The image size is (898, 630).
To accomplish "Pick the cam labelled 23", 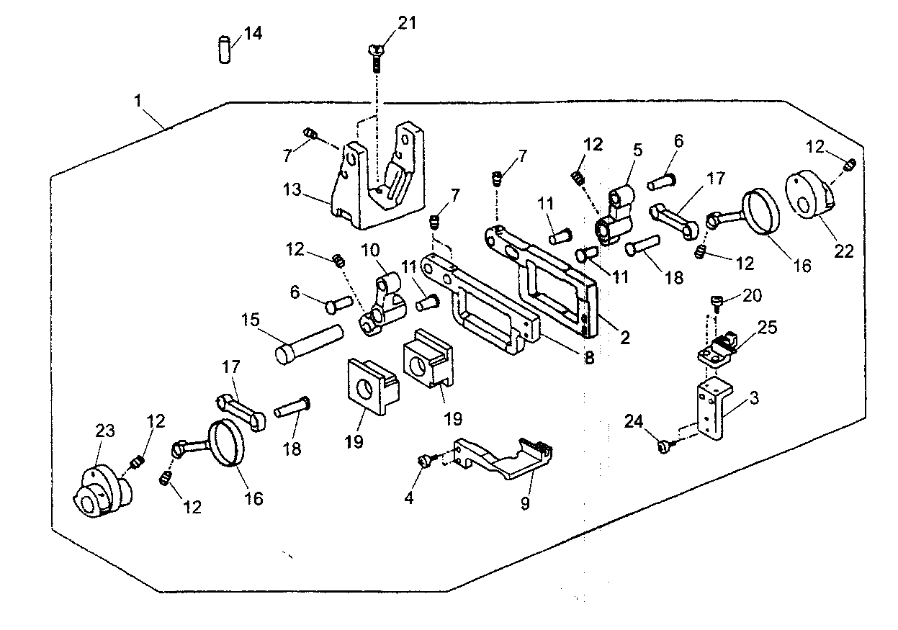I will coord(102,492).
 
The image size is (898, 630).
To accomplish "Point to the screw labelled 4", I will coord(426,459).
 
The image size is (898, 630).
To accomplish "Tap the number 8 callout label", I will coord(589,357).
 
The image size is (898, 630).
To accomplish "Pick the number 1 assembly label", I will coord(137,102).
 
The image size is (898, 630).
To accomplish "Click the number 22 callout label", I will coord(844,251).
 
